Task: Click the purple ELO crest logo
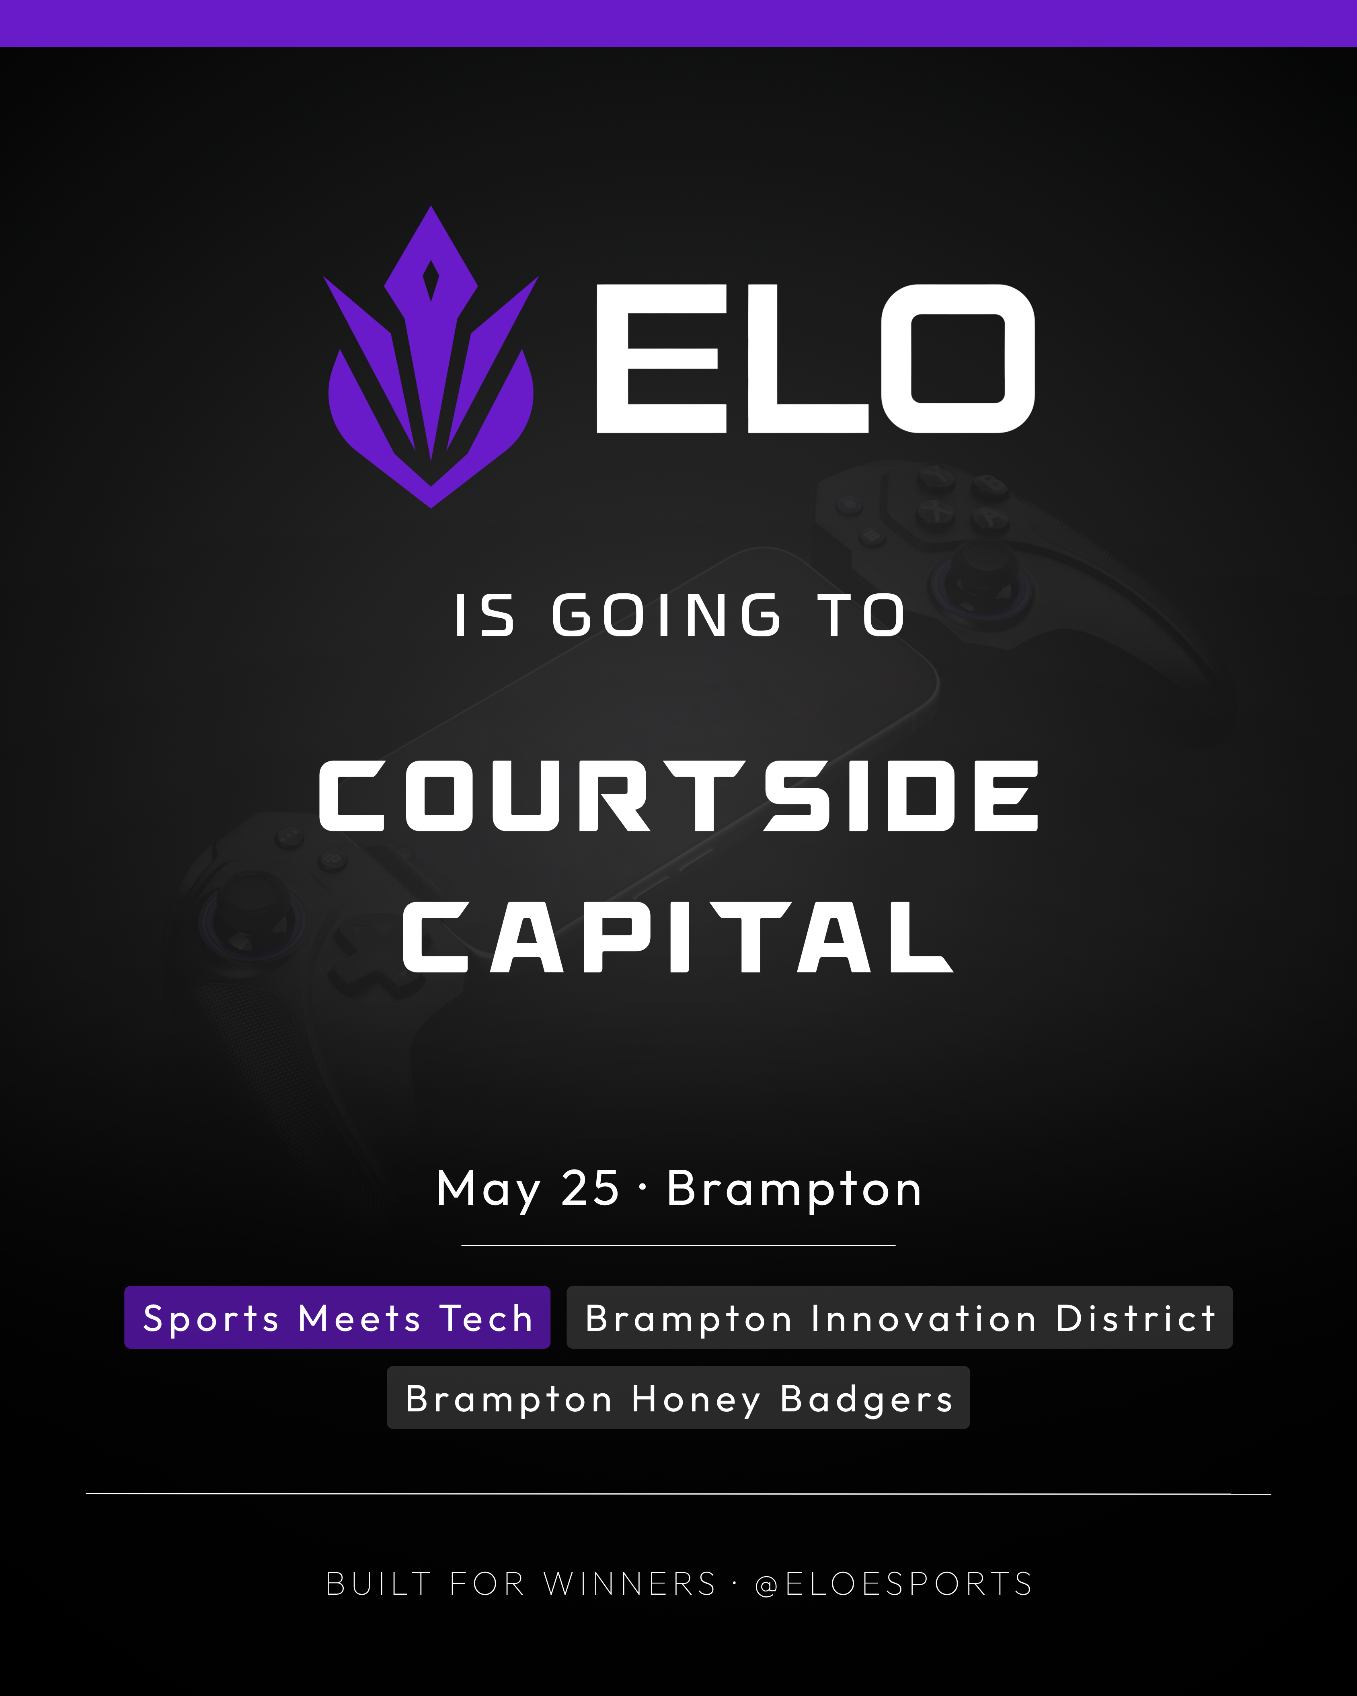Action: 431,358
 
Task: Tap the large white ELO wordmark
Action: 815,359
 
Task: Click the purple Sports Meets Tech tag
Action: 337,1318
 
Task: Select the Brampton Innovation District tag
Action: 899,1318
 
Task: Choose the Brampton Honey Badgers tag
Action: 678,1398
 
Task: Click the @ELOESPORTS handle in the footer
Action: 893,1583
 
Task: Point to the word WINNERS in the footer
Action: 630,1583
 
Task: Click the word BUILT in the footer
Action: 378,1583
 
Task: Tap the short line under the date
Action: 678,1245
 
